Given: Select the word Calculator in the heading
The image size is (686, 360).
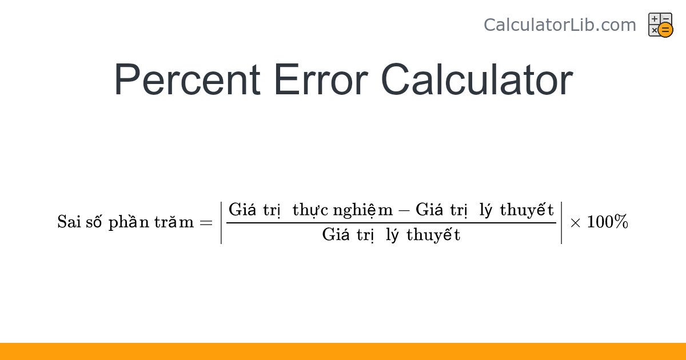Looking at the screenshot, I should pyautogui.click(x=476, y=80).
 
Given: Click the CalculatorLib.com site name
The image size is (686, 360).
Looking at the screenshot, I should pyautogui.click(x=560, y=25).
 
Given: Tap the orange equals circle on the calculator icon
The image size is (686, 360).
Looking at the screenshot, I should pyautogui.click(x=665, y=30).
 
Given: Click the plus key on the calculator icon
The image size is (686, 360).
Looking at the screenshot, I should pyautogui.click(x=655, y=19).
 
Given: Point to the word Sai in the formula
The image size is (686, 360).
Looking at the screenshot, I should pyautogui.click(x=69, y=222).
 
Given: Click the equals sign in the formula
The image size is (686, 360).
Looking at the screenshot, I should pyautogui.click(x=206, y=222).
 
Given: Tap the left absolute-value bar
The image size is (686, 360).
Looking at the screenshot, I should pyautogui.click(x=222, y=222).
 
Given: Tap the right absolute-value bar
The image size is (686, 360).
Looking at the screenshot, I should pyautogui.click(x=561, y=222).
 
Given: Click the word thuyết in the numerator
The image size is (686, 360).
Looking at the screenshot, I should pyautogui.click(x=527, y=210).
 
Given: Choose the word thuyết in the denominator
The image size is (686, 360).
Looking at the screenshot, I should pyautogui.click(x=433, y=235).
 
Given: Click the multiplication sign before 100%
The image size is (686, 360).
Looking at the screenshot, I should pyautogui.click(x=576, y=223).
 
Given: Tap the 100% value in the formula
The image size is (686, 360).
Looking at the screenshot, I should pyautogui.click(x=608, y=222).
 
